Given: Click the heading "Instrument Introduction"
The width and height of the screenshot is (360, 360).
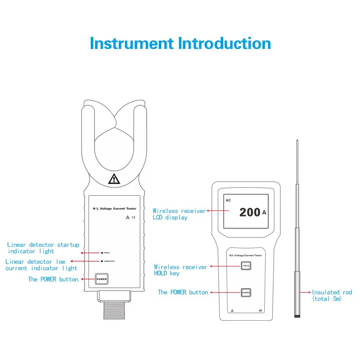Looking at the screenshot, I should click(x=180, y=43).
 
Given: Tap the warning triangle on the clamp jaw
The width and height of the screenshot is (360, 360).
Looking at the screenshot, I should click(x=114, y=179).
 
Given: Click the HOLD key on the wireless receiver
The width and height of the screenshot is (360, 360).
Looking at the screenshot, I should click(x=246, y=266).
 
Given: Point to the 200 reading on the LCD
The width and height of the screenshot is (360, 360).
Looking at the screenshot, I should click(x=250, y=212).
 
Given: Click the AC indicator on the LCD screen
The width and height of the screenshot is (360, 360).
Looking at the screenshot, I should click(x=228, y=200).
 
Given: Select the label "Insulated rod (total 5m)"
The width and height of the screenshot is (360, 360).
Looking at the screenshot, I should click(x=332, y=295).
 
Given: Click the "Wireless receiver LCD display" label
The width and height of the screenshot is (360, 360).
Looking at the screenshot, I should click(x=179, y=214).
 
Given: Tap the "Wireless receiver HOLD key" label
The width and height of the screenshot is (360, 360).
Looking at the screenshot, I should click(x=180, y=270).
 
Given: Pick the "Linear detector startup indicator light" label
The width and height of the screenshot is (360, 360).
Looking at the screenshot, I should click(x=43, y=248).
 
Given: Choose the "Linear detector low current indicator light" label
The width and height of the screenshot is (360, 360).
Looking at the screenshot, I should click(x=41, y=265).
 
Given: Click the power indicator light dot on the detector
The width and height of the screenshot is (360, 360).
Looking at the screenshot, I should click(x=103, y=253).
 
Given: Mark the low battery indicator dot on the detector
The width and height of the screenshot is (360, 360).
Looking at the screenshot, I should click(x=103, y=261).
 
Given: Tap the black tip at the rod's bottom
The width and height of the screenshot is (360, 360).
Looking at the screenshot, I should click(x=297, y=316).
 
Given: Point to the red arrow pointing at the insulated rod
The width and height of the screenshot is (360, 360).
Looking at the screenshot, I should click(x=305, y=292).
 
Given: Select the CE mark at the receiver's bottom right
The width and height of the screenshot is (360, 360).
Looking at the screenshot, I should click(x=260, y=310).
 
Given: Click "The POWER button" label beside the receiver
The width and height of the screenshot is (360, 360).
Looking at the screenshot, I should click(x=183, y=292).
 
